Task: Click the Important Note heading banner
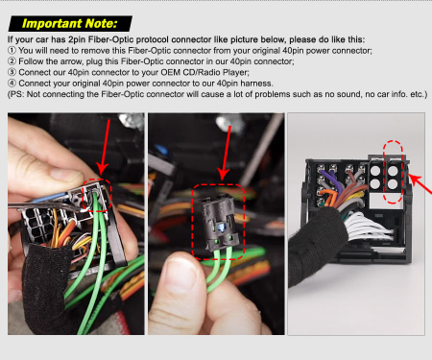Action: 70,24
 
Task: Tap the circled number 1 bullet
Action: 12,51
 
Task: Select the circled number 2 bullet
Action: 12,61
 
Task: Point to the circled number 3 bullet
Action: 12,72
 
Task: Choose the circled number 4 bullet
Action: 12,84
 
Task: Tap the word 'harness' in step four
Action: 256,84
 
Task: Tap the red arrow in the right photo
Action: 420,183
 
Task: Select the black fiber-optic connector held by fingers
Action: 220,223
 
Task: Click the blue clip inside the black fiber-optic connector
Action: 221,228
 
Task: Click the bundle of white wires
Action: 368,228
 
